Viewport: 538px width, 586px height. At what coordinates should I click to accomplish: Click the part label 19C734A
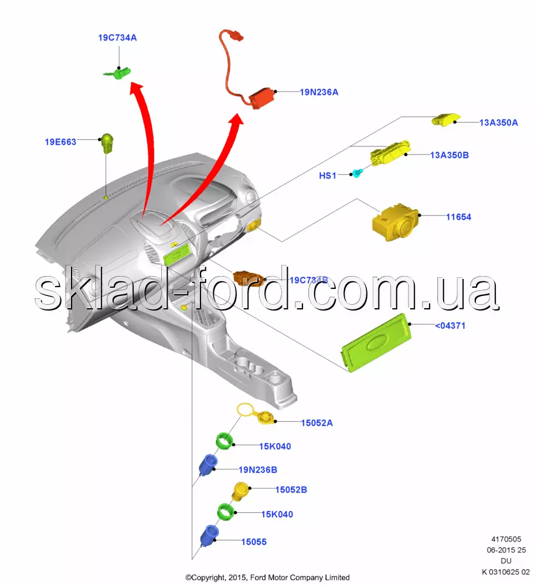[117, 38]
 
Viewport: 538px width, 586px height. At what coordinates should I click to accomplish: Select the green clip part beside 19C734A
[120, 73]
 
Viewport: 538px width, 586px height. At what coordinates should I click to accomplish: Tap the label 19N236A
[319, 92]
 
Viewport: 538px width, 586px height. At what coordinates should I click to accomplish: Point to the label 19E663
[61, 142]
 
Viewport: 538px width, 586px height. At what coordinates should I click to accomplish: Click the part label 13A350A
[498, 122]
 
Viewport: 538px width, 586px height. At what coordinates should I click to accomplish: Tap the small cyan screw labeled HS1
[357, 173]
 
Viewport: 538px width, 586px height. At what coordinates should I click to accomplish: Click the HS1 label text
[328, 175]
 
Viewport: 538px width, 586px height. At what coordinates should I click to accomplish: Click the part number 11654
[458, 217]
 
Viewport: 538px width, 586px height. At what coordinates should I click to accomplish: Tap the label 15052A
[316, 423]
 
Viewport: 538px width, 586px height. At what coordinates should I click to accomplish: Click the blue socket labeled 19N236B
[209, 466]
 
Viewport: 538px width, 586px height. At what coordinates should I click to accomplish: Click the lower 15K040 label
[277, 515]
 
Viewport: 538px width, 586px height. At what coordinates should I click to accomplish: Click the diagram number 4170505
[505, 540]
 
